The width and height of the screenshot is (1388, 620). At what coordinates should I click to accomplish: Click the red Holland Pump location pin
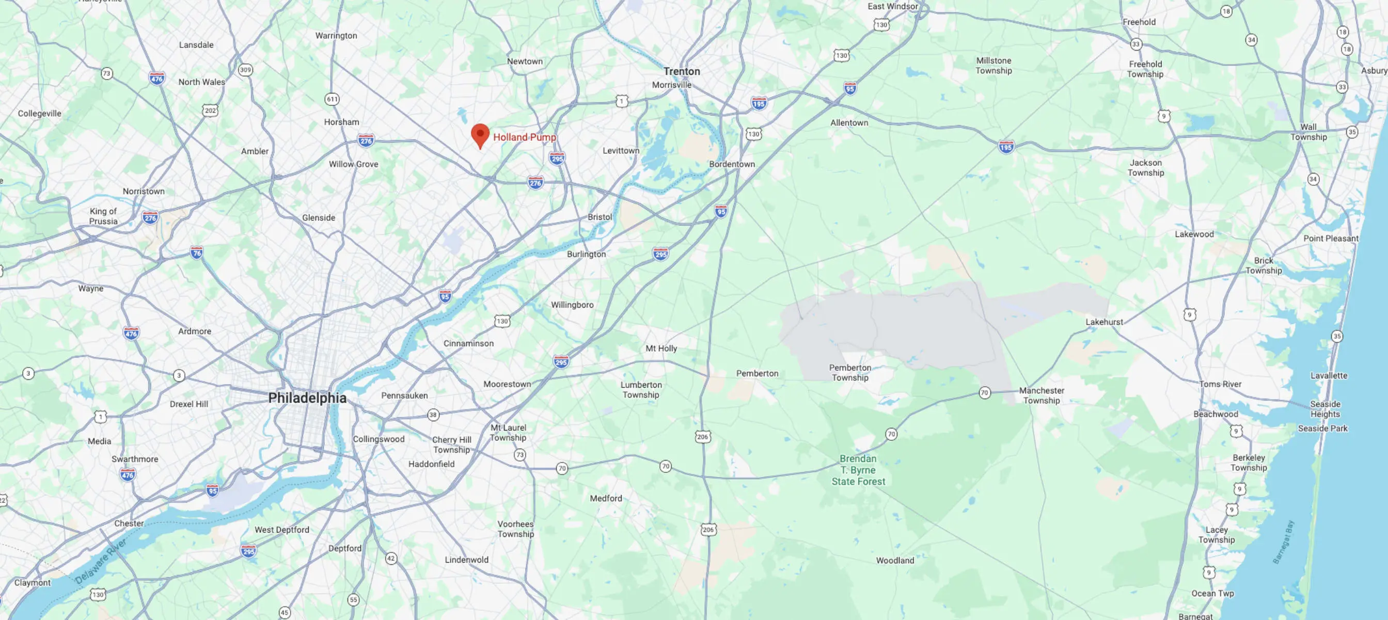point(480,135)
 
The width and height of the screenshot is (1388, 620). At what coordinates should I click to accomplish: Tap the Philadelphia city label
point(307,398)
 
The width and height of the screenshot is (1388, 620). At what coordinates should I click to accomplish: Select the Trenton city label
point(682,72)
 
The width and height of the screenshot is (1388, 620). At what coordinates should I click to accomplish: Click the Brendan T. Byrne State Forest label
point(858,470)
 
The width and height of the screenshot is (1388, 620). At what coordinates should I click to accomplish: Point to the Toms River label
point(1220,384)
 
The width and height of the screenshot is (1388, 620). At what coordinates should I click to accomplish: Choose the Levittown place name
point(621,151)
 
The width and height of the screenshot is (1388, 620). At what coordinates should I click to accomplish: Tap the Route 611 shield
point(332,99)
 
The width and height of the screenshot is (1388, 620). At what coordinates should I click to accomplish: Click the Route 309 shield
point(245,70)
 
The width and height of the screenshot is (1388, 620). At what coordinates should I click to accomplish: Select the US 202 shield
point(210,110)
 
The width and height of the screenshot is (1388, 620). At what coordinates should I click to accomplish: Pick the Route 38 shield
point(433,415)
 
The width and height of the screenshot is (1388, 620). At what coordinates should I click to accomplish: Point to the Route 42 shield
point(391,559)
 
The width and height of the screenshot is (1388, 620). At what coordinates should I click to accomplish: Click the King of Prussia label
point(103,216)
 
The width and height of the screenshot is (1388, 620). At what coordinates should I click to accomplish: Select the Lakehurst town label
point(1104,322)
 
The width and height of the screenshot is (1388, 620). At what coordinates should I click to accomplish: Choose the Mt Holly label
point(661,348)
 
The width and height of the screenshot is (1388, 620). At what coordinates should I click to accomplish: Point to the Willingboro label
point(572,305)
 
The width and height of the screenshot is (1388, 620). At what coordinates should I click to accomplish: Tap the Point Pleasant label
point(1330,239)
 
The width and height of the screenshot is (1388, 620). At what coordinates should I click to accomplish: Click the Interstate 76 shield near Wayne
point(197,252)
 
